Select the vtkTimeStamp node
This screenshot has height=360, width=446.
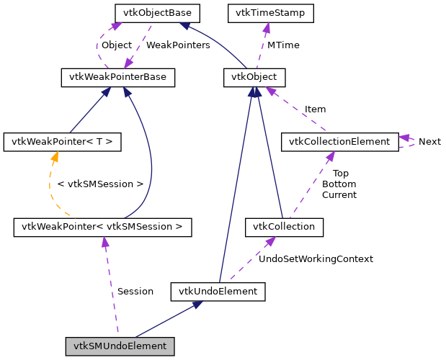(264, 13)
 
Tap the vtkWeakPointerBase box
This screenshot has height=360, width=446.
(117, 77)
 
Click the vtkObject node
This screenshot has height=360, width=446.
(254, 77)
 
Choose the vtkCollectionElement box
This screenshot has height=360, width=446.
(339, 141)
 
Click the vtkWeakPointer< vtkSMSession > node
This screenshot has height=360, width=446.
(102, 228)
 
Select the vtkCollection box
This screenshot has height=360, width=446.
(284, 228)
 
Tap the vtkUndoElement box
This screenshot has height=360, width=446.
(218, 291)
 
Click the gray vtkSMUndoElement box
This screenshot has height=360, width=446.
(120, 346)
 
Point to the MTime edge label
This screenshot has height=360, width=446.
(283, 45)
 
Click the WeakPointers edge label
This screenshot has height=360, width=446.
(178, 45)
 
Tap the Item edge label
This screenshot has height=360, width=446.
(315, 109)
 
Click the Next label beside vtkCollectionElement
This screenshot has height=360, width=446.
(429, 141)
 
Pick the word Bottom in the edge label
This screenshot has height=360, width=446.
(339, 184)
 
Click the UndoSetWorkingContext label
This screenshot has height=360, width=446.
(316, 258)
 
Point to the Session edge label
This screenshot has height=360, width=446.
(135, 291)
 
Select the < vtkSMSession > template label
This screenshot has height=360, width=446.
(99, 184)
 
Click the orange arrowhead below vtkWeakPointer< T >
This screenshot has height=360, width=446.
(53, 156)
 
